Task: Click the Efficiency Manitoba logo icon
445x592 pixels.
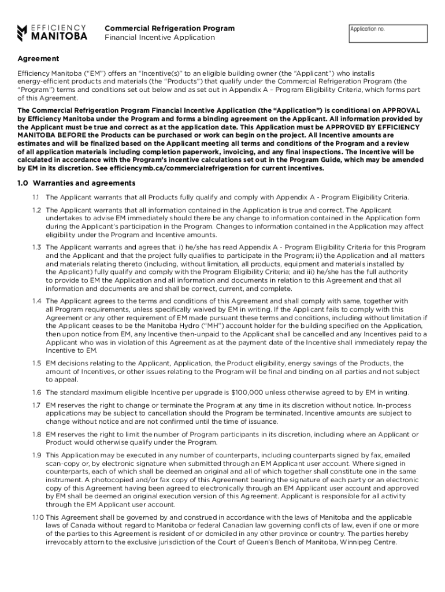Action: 22,33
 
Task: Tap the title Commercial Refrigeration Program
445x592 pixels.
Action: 169,28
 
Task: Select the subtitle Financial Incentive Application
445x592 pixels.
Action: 160,38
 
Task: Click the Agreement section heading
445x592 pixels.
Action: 38,59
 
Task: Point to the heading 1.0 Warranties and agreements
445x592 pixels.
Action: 76,183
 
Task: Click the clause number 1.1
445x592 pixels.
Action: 37,198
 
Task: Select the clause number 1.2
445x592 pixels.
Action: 37,210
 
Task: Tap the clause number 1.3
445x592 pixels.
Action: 37,247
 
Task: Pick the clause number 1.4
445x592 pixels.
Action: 37,301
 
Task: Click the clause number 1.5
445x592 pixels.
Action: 37,363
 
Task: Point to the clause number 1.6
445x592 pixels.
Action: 37,392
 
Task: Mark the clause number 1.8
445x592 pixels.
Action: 37,434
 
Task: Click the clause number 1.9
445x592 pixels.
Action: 37,455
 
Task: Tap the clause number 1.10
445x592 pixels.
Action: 38,517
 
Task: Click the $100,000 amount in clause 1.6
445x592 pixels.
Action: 247,392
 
